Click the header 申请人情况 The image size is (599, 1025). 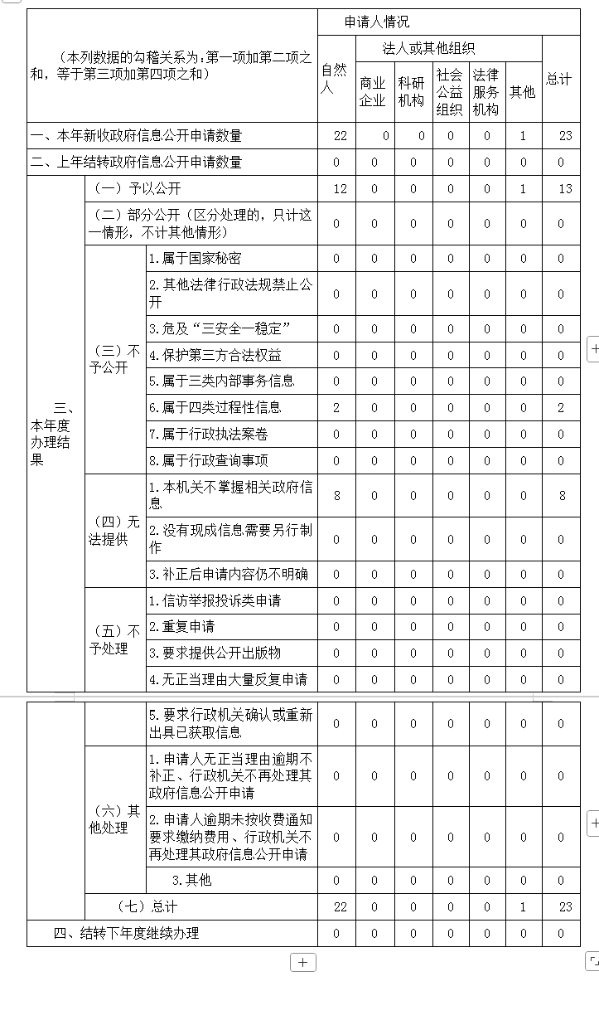pyautogui.click(x=377, y=22)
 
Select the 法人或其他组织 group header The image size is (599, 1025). pyautogui.click(x=428, y=48)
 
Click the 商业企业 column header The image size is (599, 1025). pyautogui.click(x=373, y=91)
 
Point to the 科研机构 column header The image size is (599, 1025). pyautogui.click(x=411, y=91)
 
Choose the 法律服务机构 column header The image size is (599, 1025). pyautogui.click(x=486, y=91)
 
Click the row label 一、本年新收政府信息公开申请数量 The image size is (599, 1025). pyautogui.click(x=136, y=136)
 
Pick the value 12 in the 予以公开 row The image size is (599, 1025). pyautogui.click(x=340, y=189)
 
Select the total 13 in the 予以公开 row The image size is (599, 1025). pyautogui.click(x=565, y=189)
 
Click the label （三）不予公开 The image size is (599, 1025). pyautogui.click(x=114, y=359)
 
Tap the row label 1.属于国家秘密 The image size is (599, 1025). pyautogui.click(x=196, y=259)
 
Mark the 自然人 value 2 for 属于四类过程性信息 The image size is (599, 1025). pyautogui.click(x=336, y=408)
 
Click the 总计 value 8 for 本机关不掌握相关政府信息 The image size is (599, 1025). pyautogui.click(x=562, y=496)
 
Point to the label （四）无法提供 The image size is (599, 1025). pyautogui.click(x=114, y=531)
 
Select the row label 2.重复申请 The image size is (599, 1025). pyautogui.click(x=182, y=627)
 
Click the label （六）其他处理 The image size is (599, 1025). pyautogui.click(x=114, y=819)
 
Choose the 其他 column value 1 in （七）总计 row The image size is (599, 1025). pyautogui.click(x=523, y=907)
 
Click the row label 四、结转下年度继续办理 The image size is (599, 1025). pyautogui.click(x=127, y=934)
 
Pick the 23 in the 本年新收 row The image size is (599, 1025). pyautogui.click(x=565, y=136)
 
